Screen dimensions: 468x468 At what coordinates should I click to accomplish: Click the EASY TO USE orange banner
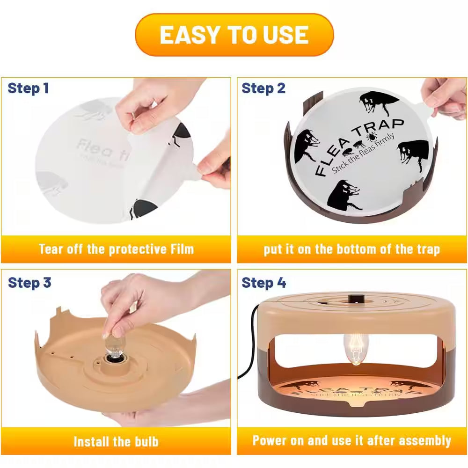(234, 35)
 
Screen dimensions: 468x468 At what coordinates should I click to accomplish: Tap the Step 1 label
(28, 88)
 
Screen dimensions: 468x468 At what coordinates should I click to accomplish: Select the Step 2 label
(263, 88)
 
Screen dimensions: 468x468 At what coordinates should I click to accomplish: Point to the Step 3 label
(29, 283)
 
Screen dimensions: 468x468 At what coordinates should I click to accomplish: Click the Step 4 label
(263, 283)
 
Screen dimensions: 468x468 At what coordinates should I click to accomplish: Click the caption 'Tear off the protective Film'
(116, 249)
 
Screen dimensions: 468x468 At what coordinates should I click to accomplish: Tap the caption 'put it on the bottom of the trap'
(351, 249)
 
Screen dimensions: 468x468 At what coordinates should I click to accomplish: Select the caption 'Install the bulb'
(116, 441)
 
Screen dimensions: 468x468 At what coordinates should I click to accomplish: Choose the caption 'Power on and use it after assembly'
(351, 441)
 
